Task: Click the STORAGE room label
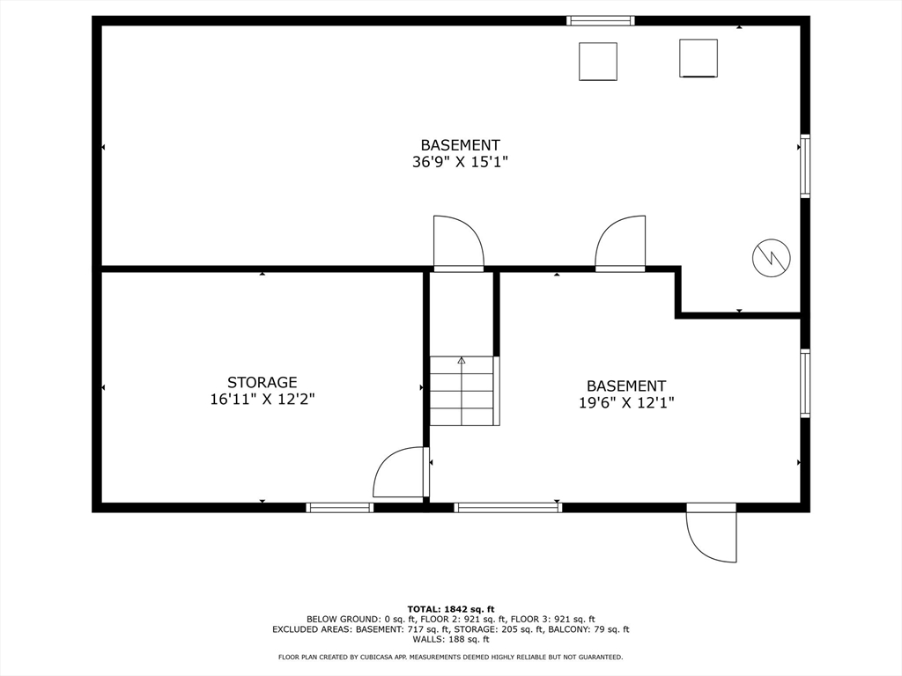[262, 382]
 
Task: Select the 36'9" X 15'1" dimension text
[460, 162]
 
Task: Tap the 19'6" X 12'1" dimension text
[626, 402]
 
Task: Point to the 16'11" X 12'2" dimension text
[262, 399]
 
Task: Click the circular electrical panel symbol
[772, 258]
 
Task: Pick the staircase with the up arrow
[462, 391]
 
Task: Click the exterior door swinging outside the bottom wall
[711, 533]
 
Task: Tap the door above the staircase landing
[458, 243]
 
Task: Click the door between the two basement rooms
[620, 243]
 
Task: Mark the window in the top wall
[601, 21]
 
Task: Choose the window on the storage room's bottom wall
[339, 508]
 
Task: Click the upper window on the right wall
[805, 166]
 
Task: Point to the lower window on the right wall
[805, 384]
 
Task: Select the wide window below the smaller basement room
[508, 508]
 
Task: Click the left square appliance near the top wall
[598, 62]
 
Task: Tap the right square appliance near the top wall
[699, 58]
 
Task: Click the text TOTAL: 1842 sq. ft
[451, 609]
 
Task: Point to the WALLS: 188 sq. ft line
[451, 639]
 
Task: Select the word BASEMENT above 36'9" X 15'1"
[460, 145]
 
